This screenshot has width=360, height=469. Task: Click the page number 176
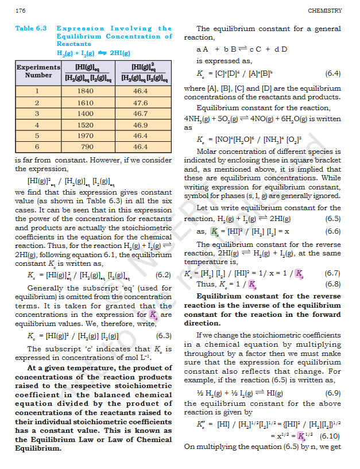click(x=21, y=10)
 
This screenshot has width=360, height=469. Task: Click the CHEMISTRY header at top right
click(x=324, y=10)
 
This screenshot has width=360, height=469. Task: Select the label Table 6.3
click(x=32, y=28)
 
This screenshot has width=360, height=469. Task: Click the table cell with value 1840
click(x=84, y=91)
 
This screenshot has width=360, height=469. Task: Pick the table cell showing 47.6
click(x=141, y=103)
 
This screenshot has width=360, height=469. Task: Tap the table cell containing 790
click(x=84, y=146)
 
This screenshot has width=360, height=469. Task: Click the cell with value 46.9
click(x=141, y=125)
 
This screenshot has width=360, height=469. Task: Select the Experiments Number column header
click(x=38, y=71)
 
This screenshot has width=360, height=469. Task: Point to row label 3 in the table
click(x=37, y=114)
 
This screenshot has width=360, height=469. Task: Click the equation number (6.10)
click(x=330, y=436)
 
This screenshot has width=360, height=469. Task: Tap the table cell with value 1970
click(x=84, y=135)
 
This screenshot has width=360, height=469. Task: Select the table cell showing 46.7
click(x=141, y=114)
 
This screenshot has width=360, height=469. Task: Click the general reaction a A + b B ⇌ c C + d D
click(x=242, y=49)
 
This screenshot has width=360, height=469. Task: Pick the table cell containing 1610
click(x=84, y=103)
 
